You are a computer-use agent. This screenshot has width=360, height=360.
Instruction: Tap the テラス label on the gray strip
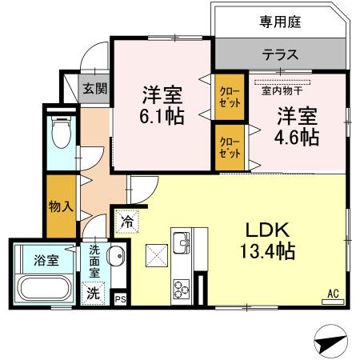coord(280,55)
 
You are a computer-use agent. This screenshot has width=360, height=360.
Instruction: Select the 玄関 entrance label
coord(94,88)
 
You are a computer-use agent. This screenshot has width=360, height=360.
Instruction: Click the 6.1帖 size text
coord(161,117)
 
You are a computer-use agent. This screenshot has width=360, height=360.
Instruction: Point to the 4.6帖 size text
coord(298,137)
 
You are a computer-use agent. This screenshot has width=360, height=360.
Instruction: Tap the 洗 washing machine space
coord(94,293)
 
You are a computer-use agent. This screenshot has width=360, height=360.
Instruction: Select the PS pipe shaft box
coord(120,298)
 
